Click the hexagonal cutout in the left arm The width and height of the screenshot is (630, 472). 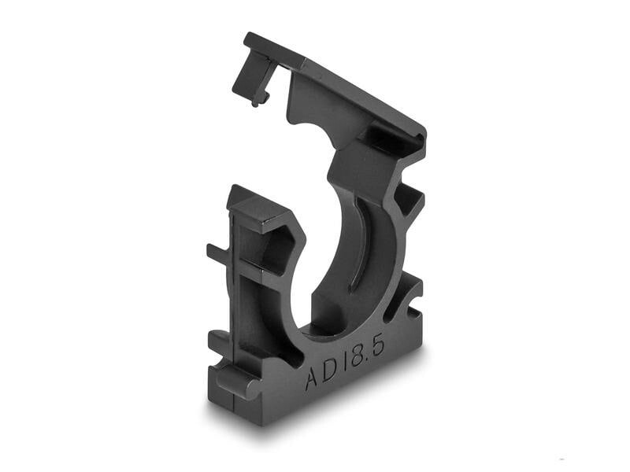click(x=280, y=248)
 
